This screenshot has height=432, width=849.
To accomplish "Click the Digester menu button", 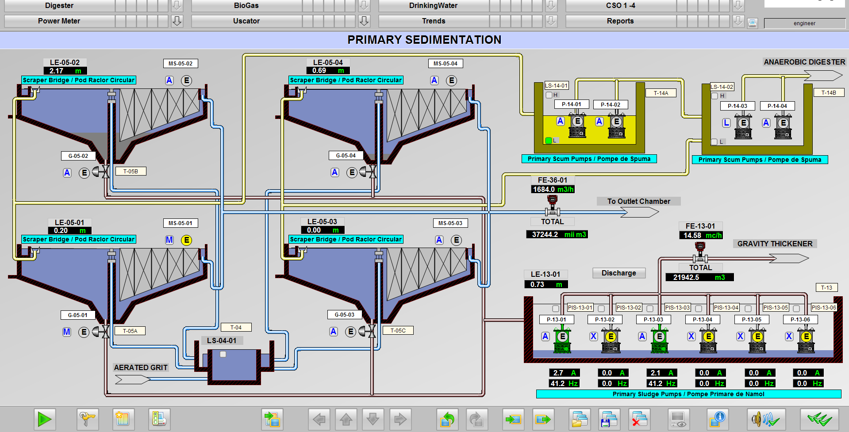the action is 59,5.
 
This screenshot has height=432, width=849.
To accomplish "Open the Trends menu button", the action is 434,21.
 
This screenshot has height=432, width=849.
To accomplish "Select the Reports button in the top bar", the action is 620,21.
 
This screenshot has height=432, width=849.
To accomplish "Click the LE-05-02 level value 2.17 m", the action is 65,71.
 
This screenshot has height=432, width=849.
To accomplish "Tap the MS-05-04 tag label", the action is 446,63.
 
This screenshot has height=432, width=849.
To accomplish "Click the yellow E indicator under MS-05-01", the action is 187,240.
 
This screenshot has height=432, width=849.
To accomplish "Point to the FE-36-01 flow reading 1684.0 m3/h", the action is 553,189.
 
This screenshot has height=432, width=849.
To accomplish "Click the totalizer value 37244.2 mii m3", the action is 557,234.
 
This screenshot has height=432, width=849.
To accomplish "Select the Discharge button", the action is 619,273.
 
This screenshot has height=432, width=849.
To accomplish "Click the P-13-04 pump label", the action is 703,319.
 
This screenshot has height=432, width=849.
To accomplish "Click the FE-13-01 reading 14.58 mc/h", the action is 701,235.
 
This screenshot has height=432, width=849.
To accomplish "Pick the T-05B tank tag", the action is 131,171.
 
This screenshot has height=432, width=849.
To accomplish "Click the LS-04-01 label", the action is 222,340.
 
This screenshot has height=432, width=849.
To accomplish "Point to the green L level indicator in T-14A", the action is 549,140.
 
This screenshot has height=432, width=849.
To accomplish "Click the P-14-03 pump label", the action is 738,106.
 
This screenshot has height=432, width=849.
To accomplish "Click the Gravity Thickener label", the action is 775,244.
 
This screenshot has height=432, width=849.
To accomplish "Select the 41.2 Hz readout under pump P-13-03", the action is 662,383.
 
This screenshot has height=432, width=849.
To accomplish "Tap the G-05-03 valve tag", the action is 345,314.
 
